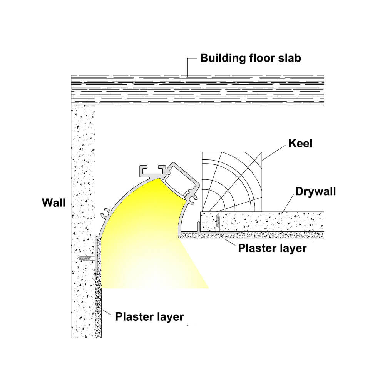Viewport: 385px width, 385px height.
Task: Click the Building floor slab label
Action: point(251,58)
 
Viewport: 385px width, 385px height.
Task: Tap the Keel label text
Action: point(300,143)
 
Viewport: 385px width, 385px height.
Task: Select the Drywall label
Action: point(316,191)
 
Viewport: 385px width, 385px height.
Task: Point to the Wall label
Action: point(54,203)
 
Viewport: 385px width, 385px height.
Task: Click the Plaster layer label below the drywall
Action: point(272,248)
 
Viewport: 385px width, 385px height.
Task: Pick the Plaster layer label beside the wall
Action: point(149,317)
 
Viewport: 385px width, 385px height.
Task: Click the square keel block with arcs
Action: point(232,182)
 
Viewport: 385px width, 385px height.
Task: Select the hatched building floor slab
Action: point(198,90)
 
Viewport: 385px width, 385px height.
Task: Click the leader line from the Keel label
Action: point(274,152)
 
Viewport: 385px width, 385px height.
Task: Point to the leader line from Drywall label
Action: point(288,203)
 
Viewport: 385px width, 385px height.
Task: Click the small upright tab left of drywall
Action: point(198,227)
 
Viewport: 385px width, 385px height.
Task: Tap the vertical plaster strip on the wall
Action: point(98,288)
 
